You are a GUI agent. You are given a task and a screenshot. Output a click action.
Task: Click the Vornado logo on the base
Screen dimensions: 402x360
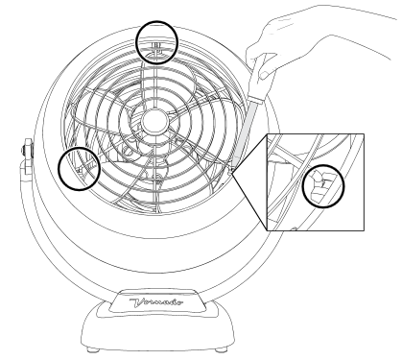(156, 302)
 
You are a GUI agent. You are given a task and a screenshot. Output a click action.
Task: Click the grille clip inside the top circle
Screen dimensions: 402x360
(156, 48)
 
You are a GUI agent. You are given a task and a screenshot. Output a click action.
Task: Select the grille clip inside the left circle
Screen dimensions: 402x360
(83, 167)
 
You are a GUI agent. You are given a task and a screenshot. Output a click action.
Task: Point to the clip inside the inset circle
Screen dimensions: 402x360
(319, 185)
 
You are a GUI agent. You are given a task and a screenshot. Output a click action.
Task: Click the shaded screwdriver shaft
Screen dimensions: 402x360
(246, 132)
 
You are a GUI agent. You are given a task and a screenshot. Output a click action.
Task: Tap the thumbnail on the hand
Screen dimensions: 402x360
(265, 75)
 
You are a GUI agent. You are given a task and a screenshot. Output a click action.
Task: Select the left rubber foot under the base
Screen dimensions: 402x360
(93, 350)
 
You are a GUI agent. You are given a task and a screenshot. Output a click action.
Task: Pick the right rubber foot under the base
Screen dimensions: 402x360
(220, 349)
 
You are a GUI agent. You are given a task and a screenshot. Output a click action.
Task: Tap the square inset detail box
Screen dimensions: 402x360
(316, 181)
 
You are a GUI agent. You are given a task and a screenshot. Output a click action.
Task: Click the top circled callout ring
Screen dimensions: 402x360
(156, 21)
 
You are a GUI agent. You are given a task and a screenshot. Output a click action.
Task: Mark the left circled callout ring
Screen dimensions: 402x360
(79, 148)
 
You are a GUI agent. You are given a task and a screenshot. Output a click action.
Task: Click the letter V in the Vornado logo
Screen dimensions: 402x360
(137, 302)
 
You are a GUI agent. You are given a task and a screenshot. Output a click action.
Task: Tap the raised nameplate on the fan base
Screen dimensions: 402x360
(156, 300)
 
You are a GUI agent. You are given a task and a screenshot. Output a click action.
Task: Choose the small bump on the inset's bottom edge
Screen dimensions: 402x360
(295, 228)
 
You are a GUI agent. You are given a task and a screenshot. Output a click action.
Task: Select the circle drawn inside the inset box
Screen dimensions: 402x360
(323, 165)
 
